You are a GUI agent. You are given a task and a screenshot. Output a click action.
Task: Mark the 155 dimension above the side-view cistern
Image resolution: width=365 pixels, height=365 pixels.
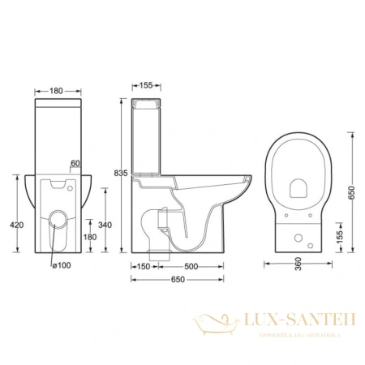[x=145, y=84]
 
